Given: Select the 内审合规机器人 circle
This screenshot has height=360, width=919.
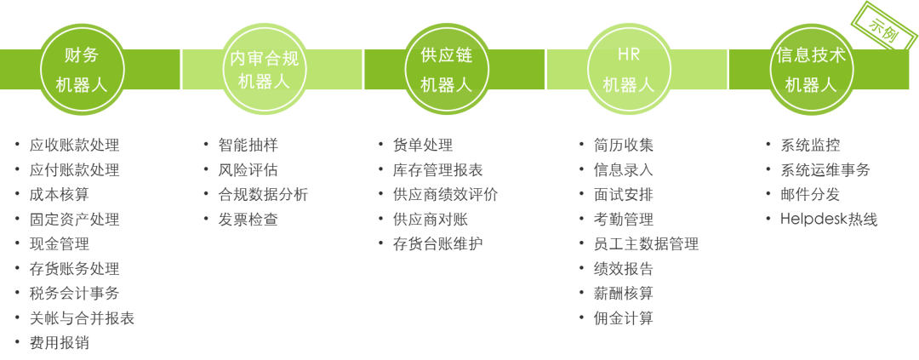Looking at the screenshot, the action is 264,70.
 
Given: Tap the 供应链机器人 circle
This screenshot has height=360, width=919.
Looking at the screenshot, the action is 446,70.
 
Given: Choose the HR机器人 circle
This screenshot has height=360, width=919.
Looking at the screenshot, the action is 628,70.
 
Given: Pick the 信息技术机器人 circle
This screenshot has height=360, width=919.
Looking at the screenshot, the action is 810,70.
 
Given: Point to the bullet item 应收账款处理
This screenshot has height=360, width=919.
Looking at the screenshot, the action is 74,146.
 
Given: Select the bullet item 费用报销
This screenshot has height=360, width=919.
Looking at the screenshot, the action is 59,344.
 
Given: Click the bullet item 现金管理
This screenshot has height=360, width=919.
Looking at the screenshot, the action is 59,244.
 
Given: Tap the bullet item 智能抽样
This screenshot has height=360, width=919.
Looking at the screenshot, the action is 241,146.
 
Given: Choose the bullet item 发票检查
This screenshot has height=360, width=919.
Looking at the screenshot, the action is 241,220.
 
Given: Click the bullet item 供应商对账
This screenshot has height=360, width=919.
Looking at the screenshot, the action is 431,220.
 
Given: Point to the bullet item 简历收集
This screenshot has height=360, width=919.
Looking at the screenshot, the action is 623,146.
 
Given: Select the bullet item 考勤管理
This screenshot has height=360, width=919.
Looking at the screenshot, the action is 623,220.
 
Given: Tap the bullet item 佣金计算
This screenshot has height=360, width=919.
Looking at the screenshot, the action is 623,319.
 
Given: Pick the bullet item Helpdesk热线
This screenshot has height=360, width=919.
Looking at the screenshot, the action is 829,220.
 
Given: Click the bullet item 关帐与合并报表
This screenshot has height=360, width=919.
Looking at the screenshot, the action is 82,319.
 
